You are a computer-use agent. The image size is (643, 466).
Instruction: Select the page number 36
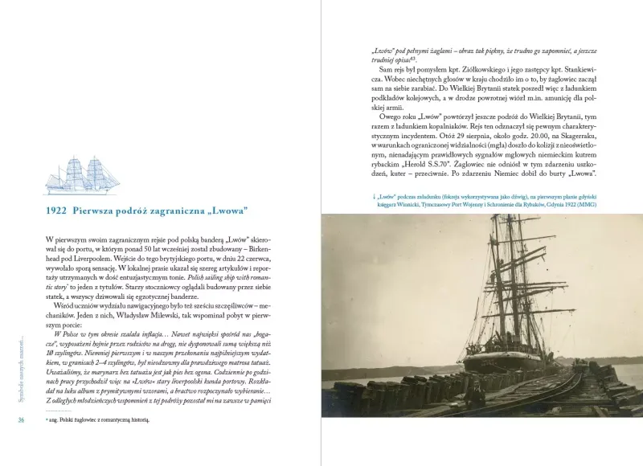[22, 420]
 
